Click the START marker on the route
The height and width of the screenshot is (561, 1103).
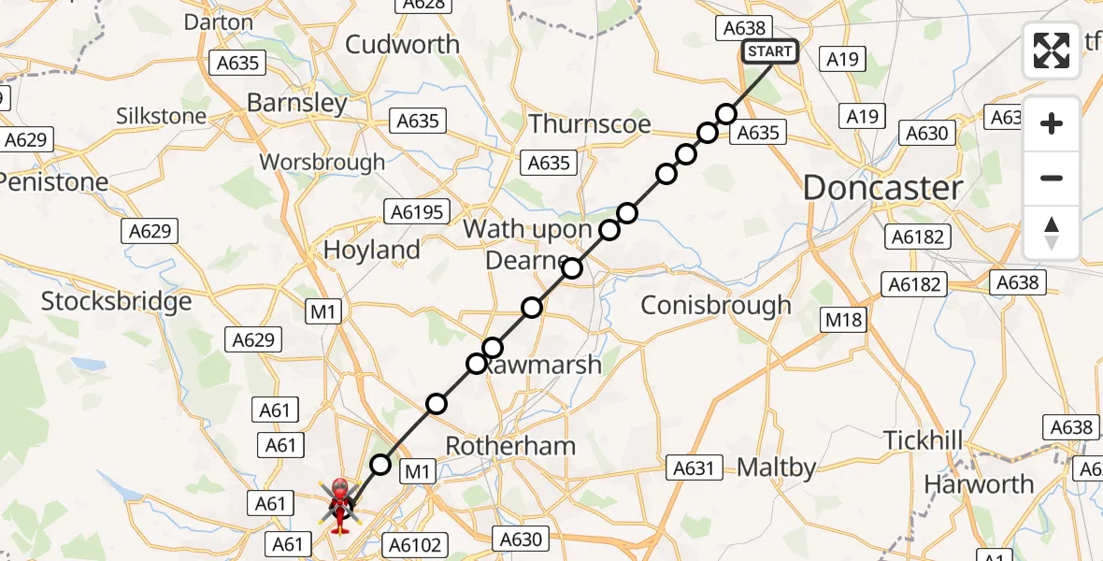769,51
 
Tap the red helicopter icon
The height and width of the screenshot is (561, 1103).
339,503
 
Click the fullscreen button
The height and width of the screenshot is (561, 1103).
1052,50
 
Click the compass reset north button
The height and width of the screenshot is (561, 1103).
1052,233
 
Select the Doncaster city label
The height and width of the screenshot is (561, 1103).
882,188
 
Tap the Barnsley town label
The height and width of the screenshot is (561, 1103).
297,102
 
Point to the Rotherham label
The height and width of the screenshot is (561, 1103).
510,445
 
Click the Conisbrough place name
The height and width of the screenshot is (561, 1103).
716,305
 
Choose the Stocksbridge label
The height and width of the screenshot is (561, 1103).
116,301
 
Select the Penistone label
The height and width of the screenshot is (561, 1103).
53,181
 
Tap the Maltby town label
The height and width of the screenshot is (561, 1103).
776,467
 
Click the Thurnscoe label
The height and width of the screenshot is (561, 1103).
589,123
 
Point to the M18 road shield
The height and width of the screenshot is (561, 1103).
844,319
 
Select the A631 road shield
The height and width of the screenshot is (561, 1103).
694,467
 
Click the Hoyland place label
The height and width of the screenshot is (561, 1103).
371,250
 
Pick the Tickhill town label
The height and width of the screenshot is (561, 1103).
923,439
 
